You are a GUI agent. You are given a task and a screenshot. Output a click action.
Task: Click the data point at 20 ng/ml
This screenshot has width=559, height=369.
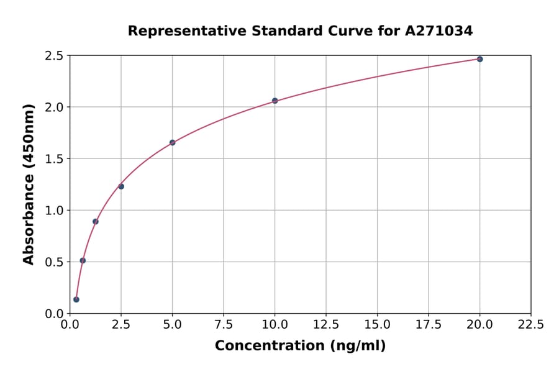coord(479,59)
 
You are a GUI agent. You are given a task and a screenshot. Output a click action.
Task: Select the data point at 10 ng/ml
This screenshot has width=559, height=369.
coord(275,101)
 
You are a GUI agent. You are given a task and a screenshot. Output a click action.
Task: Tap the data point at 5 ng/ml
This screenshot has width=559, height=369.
coord(172,142)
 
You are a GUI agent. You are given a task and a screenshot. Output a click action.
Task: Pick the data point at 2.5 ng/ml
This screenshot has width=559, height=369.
coord(121,186)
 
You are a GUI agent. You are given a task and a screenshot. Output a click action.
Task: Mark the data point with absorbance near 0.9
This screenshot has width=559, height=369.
coord(96,221)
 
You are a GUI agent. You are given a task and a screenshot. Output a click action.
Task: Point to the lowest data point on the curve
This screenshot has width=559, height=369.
coord(76,299)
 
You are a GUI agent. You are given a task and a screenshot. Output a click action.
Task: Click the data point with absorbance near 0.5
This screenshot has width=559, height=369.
coord(83,260)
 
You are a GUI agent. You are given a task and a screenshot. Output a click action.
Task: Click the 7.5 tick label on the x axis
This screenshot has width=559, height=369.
coord(224,324)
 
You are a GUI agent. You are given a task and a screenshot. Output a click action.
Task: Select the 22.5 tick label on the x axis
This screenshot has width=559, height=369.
coord(530,324)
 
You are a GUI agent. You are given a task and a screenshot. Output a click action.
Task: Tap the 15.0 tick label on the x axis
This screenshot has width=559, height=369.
coord(377,324)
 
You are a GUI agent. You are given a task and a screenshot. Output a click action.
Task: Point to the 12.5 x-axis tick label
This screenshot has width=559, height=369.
coord(326,324)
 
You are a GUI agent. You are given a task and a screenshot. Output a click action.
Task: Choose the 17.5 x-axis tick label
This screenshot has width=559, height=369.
coord(429,324)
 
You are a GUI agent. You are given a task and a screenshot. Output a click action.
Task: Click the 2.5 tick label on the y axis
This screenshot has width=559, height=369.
coord(55,56)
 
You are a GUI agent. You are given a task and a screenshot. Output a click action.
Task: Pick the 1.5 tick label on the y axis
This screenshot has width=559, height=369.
coord(55,159)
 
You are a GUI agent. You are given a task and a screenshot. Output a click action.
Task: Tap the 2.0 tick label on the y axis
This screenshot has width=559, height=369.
coord(55,107)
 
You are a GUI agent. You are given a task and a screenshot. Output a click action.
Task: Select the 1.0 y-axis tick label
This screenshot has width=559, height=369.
coord(55,211)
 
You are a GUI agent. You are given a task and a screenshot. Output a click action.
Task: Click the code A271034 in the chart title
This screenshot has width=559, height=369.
coord(439,30)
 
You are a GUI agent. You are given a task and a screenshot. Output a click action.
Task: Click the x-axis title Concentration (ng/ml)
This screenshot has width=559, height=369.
coord(300,346)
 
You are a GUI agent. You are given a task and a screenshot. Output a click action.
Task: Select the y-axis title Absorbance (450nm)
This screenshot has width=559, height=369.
coord(29,184)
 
